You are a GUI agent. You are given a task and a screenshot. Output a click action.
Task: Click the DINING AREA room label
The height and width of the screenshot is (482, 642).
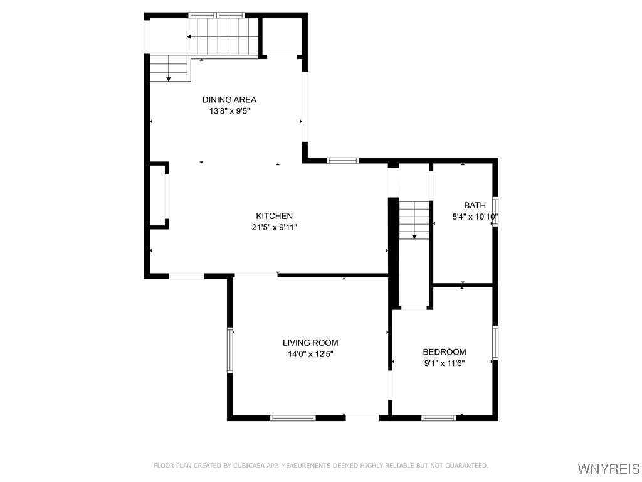(229, 99)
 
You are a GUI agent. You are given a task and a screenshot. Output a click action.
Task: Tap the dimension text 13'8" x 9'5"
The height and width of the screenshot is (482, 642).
(229, 111)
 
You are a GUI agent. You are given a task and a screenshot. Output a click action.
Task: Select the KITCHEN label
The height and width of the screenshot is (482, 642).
(274, 216)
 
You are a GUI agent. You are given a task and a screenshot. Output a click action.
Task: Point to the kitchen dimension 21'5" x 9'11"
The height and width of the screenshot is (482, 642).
(274, 228)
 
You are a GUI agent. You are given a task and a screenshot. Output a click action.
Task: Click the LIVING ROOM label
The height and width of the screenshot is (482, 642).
(310, 343)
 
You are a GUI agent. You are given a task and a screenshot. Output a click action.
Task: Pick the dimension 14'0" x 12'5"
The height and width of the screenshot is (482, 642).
(310, 354)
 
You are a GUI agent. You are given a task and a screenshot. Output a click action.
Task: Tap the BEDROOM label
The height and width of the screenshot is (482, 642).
(444, 352)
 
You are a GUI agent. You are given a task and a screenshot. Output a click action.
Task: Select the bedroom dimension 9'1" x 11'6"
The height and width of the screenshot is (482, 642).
(444, 363)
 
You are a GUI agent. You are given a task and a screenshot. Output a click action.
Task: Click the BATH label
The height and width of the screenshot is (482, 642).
(475, 205)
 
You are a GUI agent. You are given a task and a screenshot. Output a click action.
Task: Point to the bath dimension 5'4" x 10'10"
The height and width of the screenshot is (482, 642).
(475, 217)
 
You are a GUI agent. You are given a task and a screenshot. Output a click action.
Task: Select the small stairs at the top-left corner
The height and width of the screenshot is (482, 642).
(169, 68)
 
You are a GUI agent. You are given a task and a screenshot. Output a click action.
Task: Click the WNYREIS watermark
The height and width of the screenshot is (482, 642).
(608, 469)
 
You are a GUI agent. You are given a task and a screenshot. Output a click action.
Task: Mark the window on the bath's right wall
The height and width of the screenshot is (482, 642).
(495, 206)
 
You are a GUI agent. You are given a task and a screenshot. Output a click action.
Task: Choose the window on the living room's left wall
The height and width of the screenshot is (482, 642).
(230, 350)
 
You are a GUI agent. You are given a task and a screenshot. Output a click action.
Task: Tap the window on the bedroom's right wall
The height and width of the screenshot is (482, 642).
(495, 342)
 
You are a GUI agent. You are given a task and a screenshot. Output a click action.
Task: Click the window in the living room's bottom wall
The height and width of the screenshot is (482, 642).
(292, 417)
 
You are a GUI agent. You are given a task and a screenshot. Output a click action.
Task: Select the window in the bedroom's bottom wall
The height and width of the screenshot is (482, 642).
(438, 417)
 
